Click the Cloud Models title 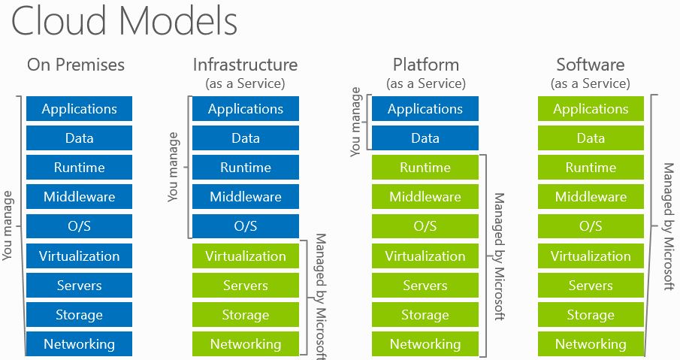(x=124, y=20)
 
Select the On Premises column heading (x=76, y=65)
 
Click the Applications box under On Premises (x=80, y=108)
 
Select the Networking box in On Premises (x=80, y=344)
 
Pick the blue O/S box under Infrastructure (x=246, y=226)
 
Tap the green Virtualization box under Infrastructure (x=246, y=256)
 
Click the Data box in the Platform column (x=425, y=138)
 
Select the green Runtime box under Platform (x=425, y=168)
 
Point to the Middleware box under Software (x=591, y=196)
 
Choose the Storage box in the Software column (x=591, y=314)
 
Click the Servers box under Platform (x=425, y=285)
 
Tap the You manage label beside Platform (x=355, y=122)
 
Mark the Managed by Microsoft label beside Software (x=669, y=226)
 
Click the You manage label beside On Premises (x=8, y=226)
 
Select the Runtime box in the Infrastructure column (x=246, y=168)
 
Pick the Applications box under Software (x=591, y=108)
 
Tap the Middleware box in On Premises (x=80, y=196)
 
